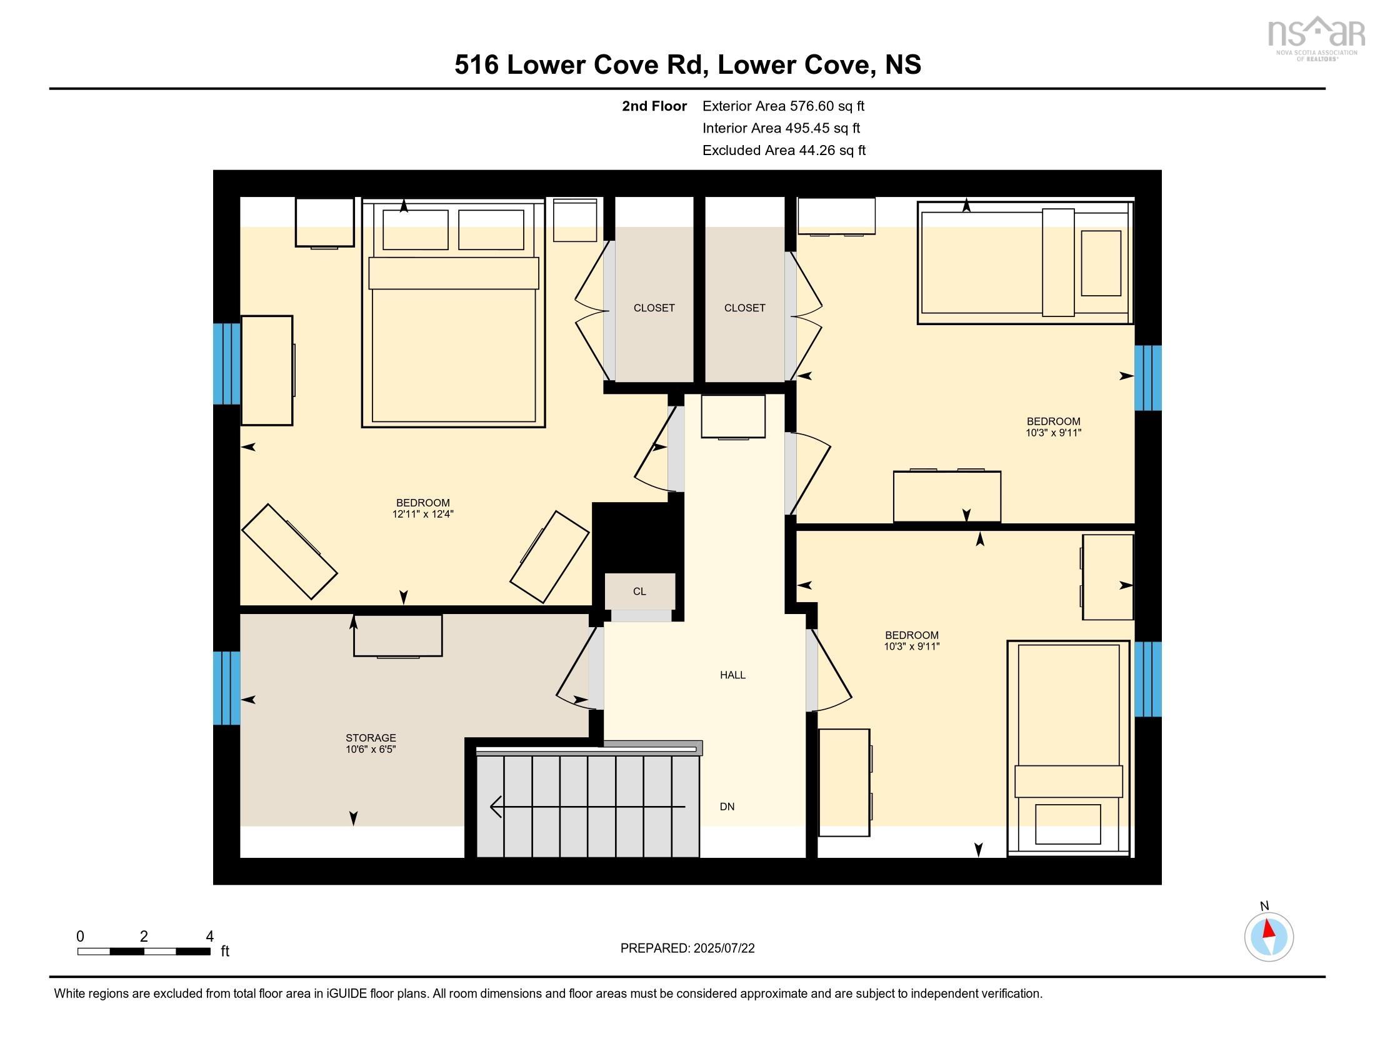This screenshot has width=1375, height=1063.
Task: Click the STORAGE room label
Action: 370,737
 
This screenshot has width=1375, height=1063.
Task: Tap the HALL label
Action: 732,675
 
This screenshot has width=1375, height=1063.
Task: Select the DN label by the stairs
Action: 726,807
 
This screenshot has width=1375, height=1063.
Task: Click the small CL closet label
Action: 639,592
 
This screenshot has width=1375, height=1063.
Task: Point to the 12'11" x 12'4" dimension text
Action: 422,514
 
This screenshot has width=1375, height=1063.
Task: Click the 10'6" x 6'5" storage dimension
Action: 370,749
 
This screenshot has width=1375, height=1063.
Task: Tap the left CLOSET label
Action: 654,308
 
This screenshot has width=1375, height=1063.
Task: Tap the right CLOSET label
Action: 744,308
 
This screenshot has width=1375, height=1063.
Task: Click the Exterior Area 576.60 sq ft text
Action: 783,106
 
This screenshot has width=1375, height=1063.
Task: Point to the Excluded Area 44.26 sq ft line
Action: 783,151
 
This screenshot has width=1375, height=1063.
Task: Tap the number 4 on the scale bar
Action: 209,937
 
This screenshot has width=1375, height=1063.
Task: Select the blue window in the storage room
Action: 227,688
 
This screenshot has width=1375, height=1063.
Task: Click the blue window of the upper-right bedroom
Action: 1147,378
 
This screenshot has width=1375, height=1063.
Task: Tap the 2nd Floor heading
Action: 654,106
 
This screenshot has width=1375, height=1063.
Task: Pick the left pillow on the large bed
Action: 415,230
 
